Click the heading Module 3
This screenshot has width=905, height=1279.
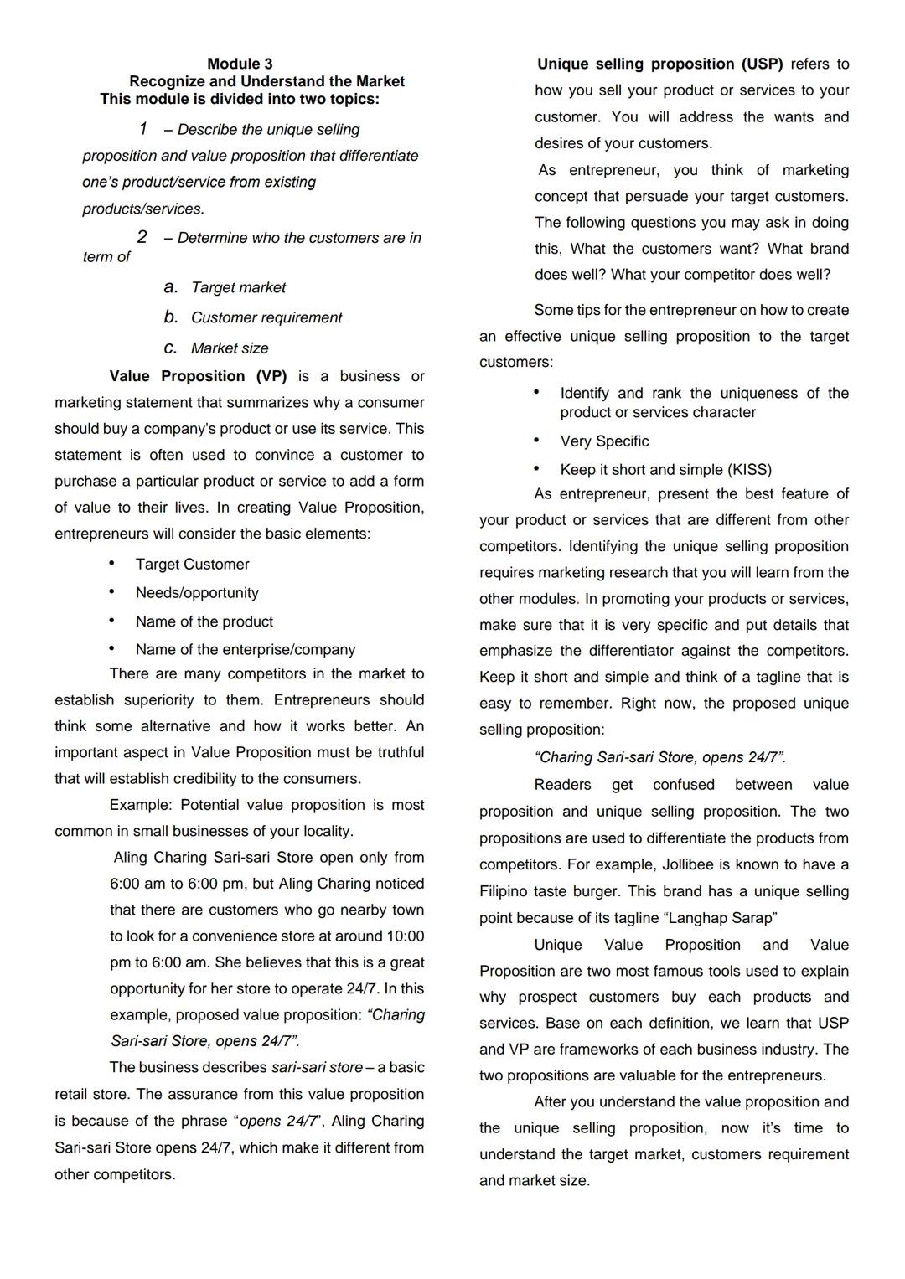pyautogui.click(x=240, y=64)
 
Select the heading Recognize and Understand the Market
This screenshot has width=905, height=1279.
pyautogui.click(x=266, y=81)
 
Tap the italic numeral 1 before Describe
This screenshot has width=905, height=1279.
pyautogui.click(x=143, y=129)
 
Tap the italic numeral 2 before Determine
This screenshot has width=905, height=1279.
pyautogui.click(x=142, y=237)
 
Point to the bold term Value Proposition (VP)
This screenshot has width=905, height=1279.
pyautogui.click(x=198, y=376)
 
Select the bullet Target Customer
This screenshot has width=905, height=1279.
pyautogui.click(x=192, y=565)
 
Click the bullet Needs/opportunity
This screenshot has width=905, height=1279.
pyautogui.click(x=197, y=593)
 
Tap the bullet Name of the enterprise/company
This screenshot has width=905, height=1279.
pyautogui.click(x=245, y=649)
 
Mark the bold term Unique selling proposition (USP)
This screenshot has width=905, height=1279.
pyautogui.click(x=659, y=64)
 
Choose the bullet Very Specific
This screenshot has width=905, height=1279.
pyautogui.click(x=604, y=441)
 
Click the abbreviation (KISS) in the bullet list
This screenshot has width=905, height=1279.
pyautogui.click(x=749, y=470)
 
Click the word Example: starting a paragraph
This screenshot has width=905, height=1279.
pyautogui.click(x=140, y=805)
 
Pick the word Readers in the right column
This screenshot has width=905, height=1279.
pyautogui.click(x=562, y=785)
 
